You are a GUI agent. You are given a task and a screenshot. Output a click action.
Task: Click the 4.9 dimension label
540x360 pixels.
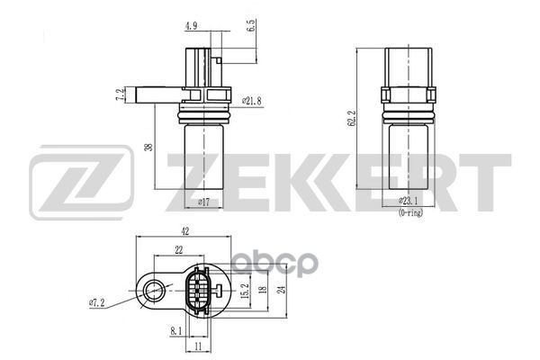pyautogui.click(x=190, y=26)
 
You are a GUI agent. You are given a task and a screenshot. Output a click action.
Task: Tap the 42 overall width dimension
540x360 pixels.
pyautogui.click(x=184, y=230)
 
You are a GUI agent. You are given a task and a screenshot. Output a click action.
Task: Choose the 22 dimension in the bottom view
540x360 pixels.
pyautogui.click(x=179, y=249)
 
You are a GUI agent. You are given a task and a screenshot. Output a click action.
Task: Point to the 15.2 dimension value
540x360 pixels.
pyautogui.click(x=244, y=290)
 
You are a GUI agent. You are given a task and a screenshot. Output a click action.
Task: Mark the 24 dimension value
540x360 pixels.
pyautogui.click(x=283, y=290)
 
